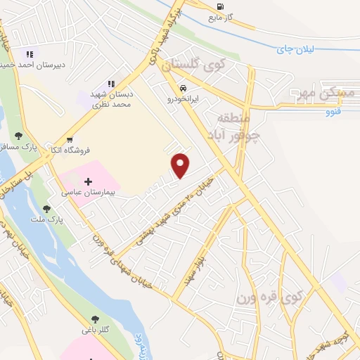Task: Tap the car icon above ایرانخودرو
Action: [183, 89]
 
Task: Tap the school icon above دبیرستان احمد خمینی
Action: [30, 54]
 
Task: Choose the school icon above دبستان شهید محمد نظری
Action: [111, 84]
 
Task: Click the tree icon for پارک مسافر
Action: [18, 136]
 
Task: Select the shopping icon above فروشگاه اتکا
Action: [70, 139]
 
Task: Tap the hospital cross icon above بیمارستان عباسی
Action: [88, 182]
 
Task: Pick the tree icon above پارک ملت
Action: [46, 209]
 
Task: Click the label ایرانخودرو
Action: [184, 100]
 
